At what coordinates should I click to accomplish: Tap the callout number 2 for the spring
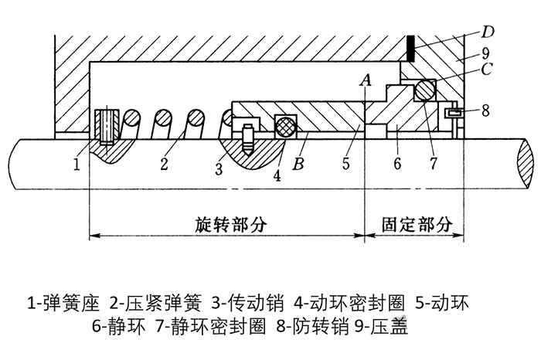click(x=163, y=165)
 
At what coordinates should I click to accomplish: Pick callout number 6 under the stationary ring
click(x=398, y=165)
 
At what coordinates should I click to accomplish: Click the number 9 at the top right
click(x=485, y=54)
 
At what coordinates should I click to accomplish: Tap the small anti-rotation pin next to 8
click(x=454, y=114)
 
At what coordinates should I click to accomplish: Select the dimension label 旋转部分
click(x=230, y=224)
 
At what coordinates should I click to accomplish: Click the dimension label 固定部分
click(x=416, y=224)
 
